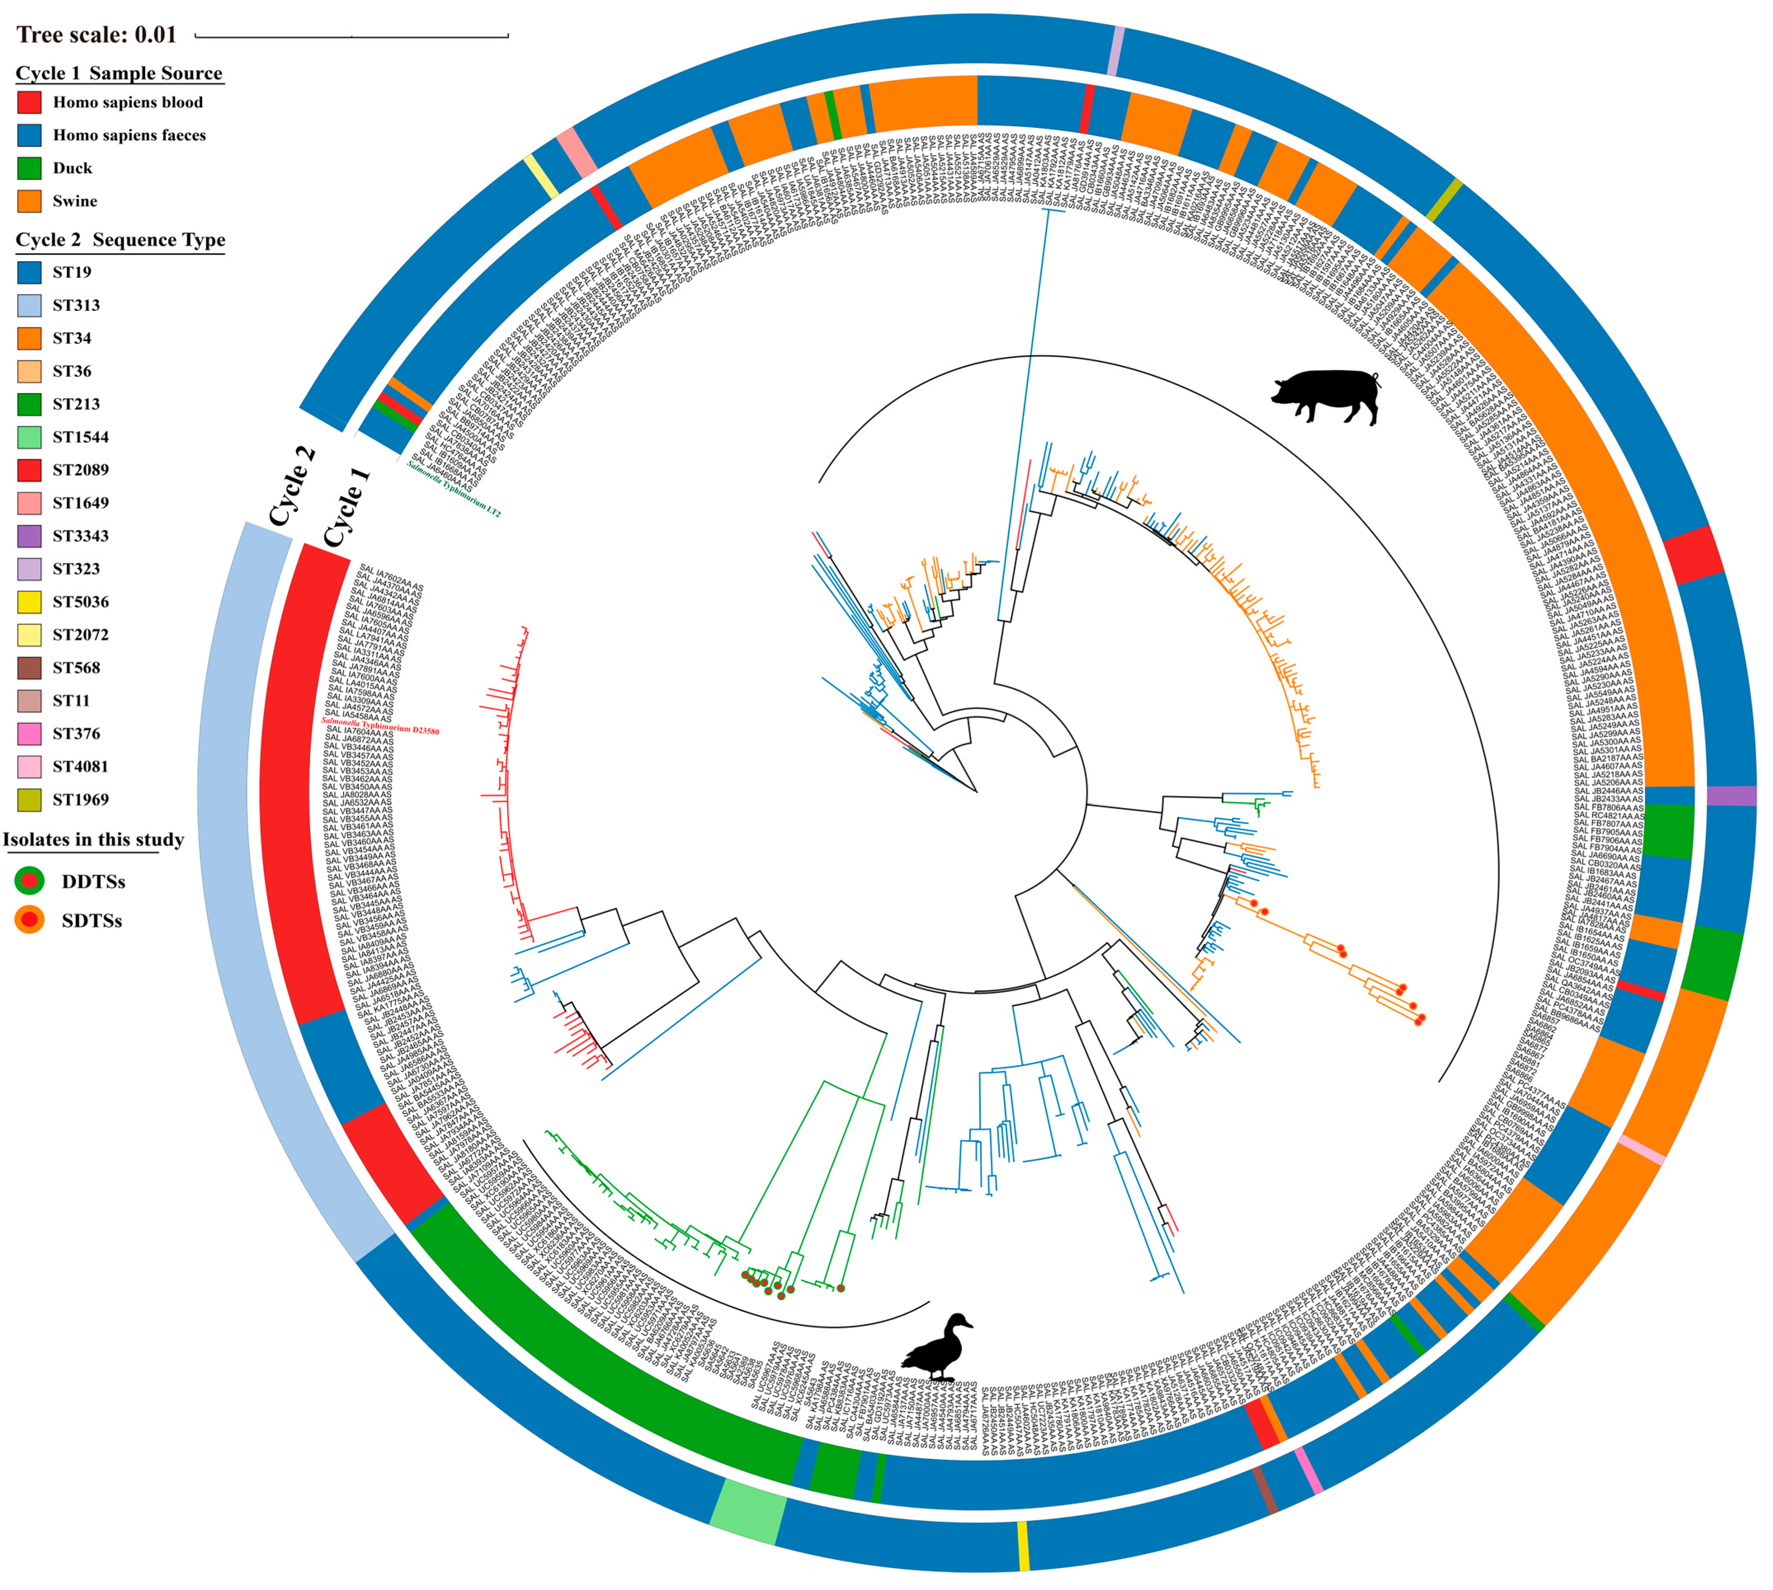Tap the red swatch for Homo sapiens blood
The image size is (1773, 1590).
pyautogui.click(x=29, y=102)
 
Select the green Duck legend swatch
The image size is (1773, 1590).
pyautogui.click(x=29, y=168)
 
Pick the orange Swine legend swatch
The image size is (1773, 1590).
pyautogui.click(x=29, y=201)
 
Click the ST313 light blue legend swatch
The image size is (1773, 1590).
pyautogui.click(x=29, y=305)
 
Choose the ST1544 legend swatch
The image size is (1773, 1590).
pyautogui.click(x=29, y=437)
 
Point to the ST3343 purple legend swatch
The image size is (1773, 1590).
pyautogui.click(x=29, y=535)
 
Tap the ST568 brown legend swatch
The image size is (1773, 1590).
pyautogui.click(x=29, y=667)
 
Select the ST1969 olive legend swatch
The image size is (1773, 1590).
pyautogui.click(x=29, y=799)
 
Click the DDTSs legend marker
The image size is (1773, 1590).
pyautogui.click(x=29, y=881)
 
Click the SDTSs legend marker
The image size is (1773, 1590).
pyautogui.click(x=29, y=920)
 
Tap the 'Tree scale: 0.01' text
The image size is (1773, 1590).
pyautogui.click(x=96, y=35)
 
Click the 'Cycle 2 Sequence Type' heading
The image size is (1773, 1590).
pyautogui.click(x=120, y=240)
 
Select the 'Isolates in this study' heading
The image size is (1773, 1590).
pyautogui.click(x=94, y=840)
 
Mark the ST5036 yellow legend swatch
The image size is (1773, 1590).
pyautogui.click(x=29, y=602)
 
